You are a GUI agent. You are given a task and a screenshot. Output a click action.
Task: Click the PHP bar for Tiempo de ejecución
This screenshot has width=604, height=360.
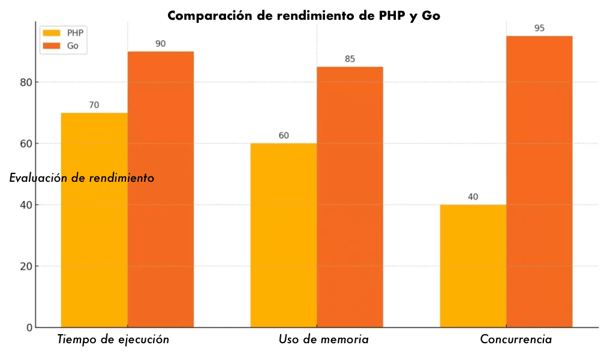94,220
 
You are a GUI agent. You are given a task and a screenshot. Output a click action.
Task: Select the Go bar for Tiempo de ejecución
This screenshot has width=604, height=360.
160,189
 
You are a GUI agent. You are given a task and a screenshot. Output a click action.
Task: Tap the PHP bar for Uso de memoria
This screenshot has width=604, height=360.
284,235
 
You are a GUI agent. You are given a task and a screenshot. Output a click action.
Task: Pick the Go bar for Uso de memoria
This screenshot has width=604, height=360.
350,197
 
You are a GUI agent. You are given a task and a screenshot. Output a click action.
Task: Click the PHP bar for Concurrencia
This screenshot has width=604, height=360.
473,266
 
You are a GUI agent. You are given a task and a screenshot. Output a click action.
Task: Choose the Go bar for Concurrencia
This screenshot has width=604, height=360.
539,181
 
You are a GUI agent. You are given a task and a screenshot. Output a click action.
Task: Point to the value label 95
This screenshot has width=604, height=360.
539,28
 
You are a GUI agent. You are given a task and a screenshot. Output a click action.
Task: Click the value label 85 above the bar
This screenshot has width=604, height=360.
350,59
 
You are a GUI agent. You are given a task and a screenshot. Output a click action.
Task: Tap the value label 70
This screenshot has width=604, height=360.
94,105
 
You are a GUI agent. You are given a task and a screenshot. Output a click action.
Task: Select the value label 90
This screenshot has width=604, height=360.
160,44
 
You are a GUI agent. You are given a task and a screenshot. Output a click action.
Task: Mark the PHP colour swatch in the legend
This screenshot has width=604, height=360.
52,33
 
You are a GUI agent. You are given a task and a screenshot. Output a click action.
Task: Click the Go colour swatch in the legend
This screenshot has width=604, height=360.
52,46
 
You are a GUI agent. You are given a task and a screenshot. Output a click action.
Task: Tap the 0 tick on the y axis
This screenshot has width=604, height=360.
29,328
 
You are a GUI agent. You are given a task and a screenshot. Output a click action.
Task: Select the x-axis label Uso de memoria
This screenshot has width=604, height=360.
323,340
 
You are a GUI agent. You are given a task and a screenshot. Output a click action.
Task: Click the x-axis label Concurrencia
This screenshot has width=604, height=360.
516,340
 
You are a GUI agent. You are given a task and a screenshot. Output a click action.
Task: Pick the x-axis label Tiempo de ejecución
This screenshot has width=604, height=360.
113,340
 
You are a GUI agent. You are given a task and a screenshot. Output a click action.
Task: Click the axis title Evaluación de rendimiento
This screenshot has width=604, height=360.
82,178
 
